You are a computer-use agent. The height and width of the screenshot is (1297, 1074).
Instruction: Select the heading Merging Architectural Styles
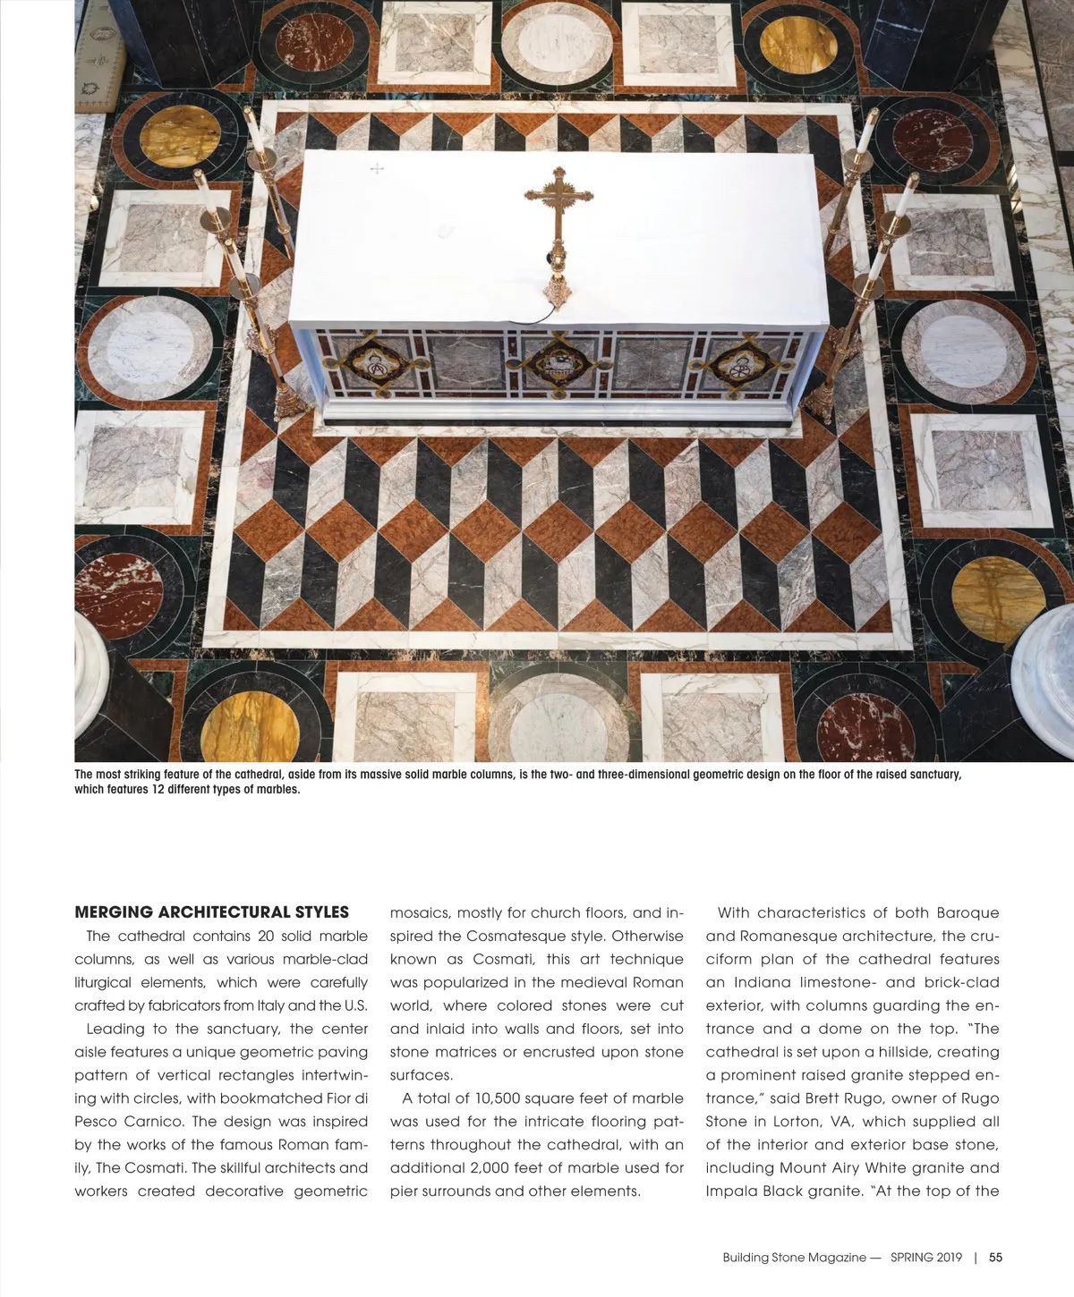(x=211, y=912)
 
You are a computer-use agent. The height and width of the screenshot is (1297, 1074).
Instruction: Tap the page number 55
(x=995, y=1257)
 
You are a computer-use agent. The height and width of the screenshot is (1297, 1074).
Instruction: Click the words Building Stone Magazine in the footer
(x=794, y=1257)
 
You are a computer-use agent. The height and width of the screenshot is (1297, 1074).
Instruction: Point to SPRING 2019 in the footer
(x=925, y=1257)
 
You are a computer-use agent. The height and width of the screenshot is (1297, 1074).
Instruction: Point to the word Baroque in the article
(x=967, y=912)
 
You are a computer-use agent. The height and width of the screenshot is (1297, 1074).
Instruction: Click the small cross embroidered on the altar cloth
(x=377, y=168)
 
